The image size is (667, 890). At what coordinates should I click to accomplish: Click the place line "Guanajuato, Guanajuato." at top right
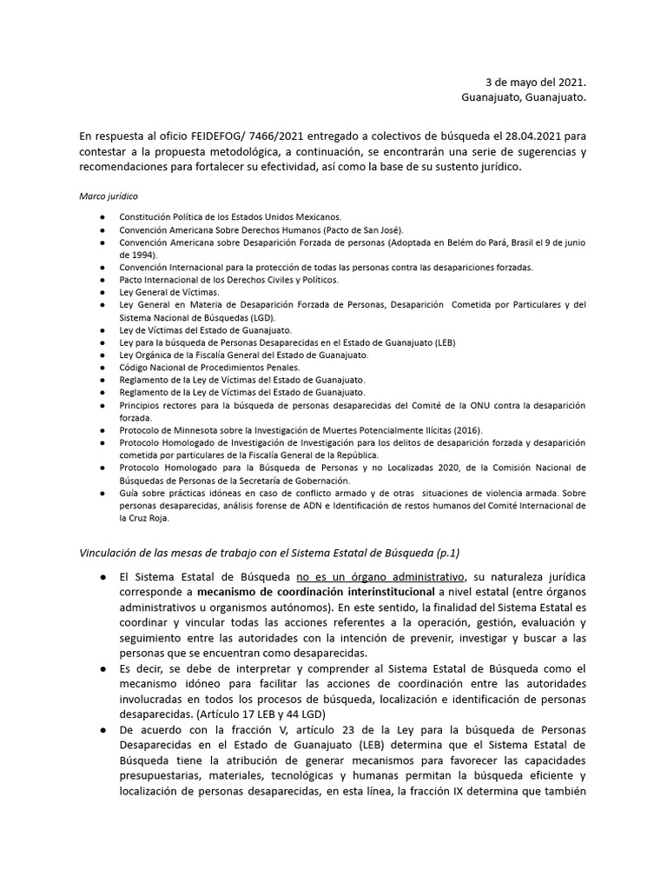click(524, 98)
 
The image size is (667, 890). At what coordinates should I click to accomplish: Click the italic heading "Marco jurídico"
click(109, 197)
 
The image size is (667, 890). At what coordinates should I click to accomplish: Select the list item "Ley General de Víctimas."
click(169, 293)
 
